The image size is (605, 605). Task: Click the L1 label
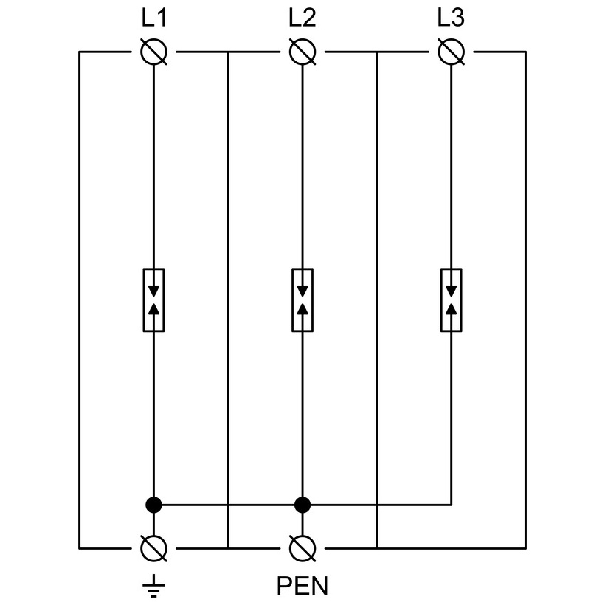click(x=154, y=18)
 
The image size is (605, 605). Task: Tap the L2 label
click(x=302, y=18)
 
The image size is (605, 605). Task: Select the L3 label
click(x=451, y=18)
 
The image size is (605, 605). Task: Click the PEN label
click(x=302, y=586)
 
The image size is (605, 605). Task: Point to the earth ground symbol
click(x=154, y=585)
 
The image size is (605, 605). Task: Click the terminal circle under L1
click(x=153, y=52)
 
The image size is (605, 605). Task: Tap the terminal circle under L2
click(x=302, y=52)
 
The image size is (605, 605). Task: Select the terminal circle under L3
click(x=452, y=52)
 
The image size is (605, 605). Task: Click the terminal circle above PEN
click(x=302, y=548)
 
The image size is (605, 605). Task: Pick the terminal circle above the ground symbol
click(x=153, y=548)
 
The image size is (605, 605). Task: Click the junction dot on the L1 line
click(x=153, y=505)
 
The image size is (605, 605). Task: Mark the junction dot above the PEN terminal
click(x=302, y=505)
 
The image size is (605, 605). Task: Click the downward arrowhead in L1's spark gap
click(x=154, y=291)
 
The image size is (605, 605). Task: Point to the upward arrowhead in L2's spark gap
click(x=302, y=308)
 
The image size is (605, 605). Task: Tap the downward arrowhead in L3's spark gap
click(x=452, y=291)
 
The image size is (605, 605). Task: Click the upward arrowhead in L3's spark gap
click(x=452, y=308)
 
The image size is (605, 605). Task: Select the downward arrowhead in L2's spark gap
click(x=302, y=291)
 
